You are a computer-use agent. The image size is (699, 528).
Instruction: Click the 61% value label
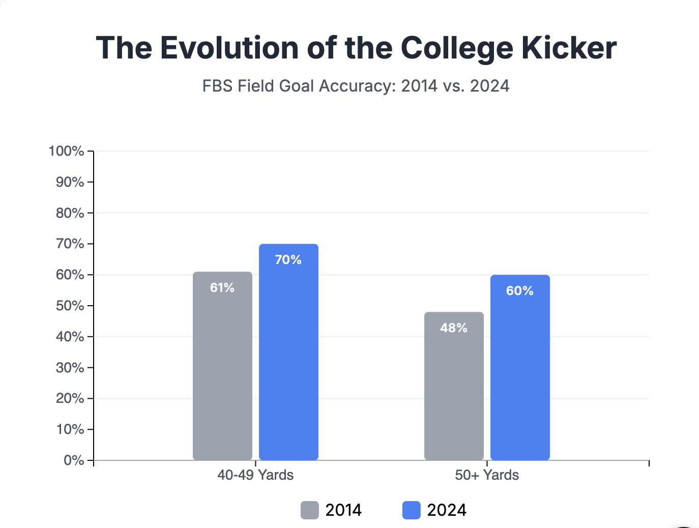tap(222, 288)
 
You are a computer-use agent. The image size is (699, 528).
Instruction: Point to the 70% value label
tap(288, 260)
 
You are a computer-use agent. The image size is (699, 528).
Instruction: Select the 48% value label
tap(454, 328)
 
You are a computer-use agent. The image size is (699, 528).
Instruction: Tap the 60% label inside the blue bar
tap(520, 291)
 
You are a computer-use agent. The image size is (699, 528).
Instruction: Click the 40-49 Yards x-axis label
tap(255, 475)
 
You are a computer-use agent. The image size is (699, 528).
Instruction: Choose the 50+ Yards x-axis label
tap(487, 475)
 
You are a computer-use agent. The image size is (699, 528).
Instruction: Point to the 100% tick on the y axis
tap(66, 151)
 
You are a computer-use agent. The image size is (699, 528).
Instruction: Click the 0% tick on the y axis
tap(74, 460)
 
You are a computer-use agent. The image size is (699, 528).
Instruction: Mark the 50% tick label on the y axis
tap(70, 306)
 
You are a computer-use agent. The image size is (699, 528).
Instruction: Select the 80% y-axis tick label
tap(70, 213)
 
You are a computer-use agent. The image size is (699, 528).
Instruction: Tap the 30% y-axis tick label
tap(70, 368)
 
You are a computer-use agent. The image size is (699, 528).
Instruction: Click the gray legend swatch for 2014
tap(310, 510)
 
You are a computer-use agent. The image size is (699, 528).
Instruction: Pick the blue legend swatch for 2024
tap(412, 510)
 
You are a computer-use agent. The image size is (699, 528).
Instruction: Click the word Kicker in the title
tap(569, 48)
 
